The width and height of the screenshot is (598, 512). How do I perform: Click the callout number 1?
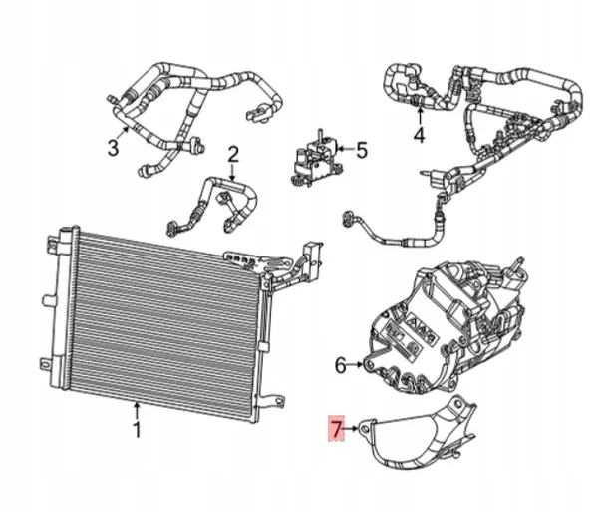tap(138, 431)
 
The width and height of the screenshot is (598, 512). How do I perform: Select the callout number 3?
tap(114, 149)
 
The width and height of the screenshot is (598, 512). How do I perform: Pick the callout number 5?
tap(361, 151)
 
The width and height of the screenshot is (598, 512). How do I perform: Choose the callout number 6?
tap(341, 366)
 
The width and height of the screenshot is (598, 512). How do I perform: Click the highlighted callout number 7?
tap(336, 430)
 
